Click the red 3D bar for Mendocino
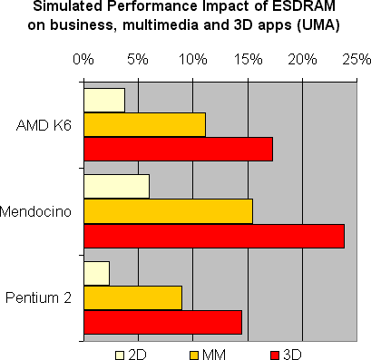coord(213,235)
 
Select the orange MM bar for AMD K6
coord(144,124)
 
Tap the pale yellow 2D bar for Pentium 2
coord(96,273)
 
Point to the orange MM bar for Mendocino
coord(168,210)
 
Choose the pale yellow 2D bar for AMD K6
coord(103,100)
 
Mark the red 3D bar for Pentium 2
coord(162,322)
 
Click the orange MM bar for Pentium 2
coord(132,297)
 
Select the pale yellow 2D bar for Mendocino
coord(116,186)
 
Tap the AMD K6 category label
coord(44,124)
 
